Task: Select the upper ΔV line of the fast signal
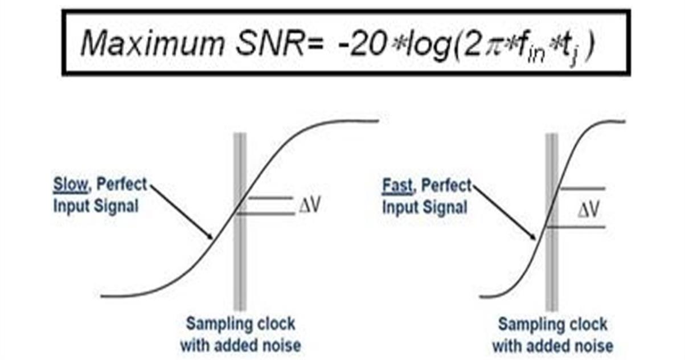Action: coord(581,189)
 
